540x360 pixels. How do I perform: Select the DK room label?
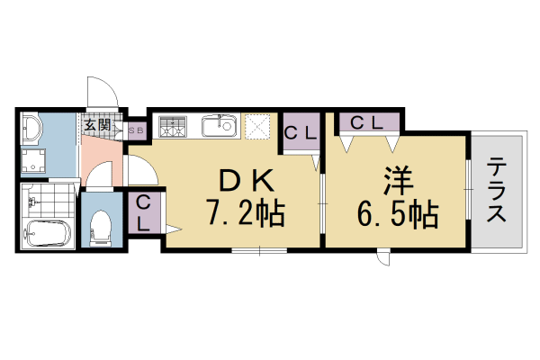click(245, 181)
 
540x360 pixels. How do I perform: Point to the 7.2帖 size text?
click(245, 214)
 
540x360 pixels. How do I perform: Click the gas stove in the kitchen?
click(172, 128)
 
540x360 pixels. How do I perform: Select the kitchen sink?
click(218, 127)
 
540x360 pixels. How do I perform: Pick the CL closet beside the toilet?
click(144, 213)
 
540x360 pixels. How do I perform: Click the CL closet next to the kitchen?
click(300, 134)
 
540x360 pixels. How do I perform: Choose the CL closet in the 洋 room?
click(369, 121)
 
